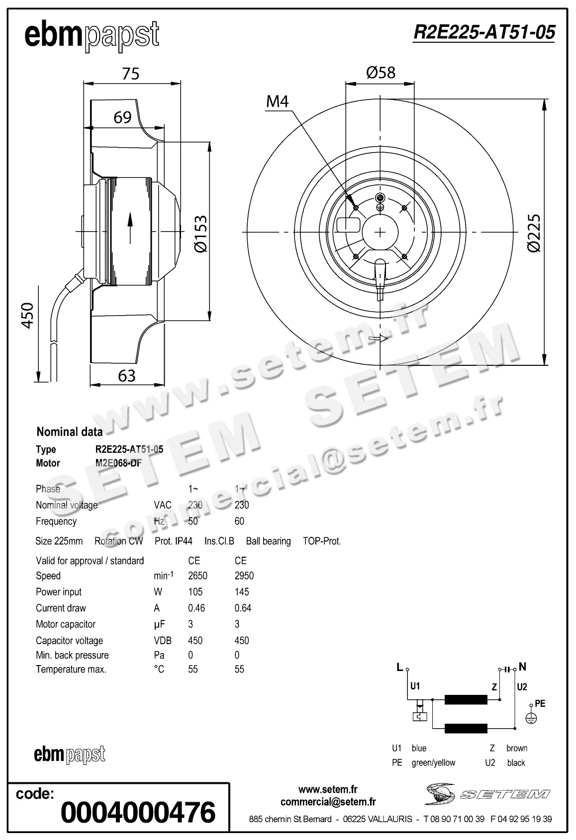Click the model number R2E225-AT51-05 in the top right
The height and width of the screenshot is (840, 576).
[x=483, y=32]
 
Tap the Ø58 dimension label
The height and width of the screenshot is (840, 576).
[x=381, y=73]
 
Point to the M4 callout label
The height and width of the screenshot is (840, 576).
[x=277, y=101]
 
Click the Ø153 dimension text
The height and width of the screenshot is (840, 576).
[x=200, y=234]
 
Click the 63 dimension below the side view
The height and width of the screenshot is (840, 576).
[x=127, y=376]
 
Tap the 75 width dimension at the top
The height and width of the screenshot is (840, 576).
[x=130, y=74]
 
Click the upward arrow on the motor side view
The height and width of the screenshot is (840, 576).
[x=130, y=229]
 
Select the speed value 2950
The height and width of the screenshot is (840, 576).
[x=244, y=576]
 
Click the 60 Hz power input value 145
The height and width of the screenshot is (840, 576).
[x=242, y=591]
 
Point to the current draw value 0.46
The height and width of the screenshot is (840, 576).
[x=196, y=608]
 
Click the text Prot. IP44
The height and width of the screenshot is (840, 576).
[x=173, y=541]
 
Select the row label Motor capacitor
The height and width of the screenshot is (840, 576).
[x=65, y=624]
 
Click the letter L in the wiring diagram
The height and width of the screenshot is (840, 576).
[x=399, y=667]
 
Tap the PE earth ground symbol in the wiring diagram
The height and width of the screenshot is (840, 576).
[x=531, y=718]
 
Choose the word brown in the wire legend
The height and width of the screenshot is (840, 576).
[x=517, y=748]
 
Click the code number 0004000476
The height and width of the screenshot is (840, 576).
[x=138, y=812]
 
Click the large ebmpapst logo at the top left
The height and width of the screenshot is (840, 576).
[x=92, y=36]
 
